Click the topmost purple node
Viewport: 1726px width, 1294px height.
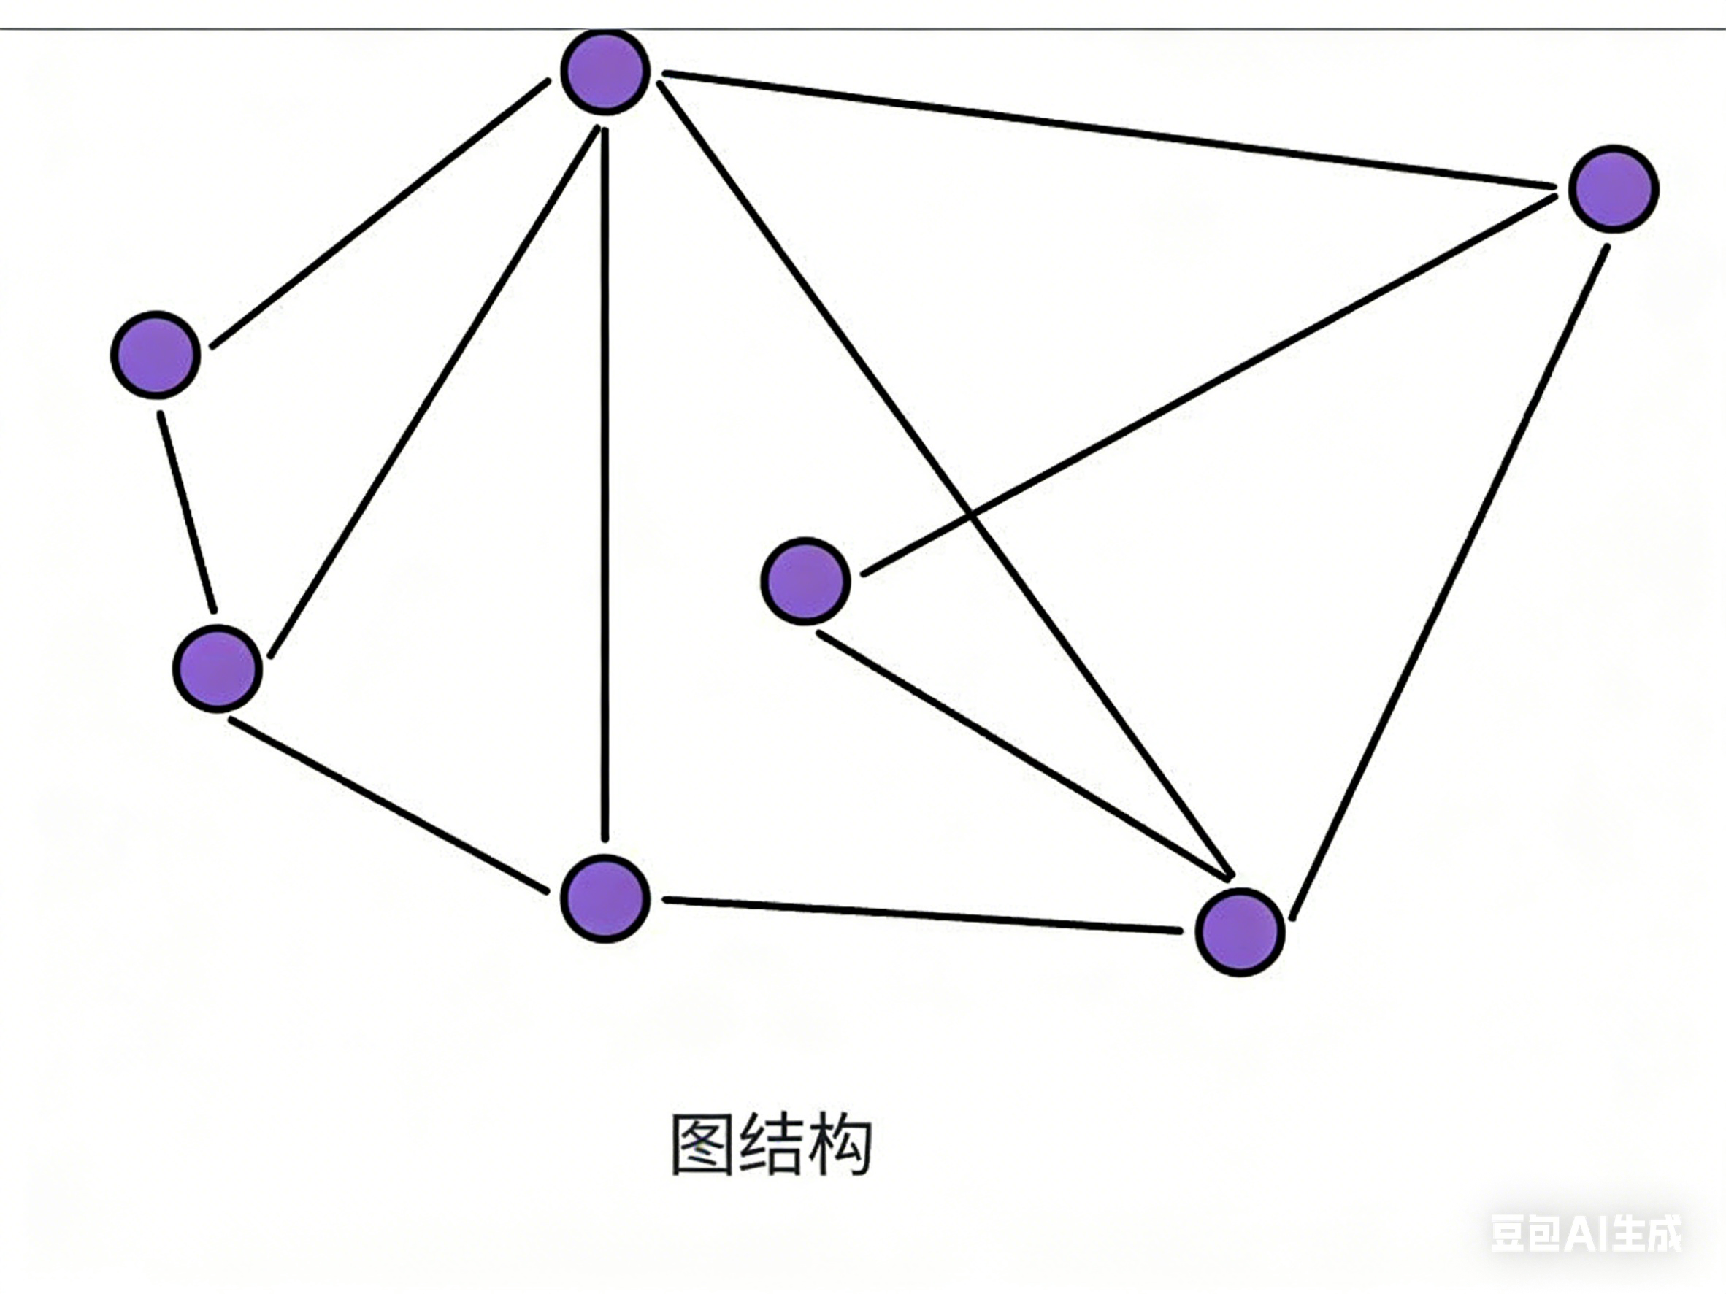(x=605, y=72)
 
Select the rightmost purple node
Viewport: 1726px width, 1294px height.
(x=1613, y=189)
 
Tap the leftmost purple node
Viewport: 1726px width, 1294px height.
(x=156, y=355)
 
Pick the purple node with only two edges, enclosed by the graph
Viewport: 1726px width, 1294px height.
(x=805, y=580)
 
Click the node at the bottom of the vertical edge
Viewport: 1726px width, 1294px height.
(x=605, y=898)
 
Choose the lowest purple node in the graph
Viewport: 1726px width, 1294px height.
(x=1240, y=931)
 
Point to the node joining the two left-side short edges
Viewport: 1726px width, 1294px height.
(x=217, y=669)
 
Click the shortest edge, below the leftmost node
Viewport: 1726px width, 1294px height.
(x=187, y=512)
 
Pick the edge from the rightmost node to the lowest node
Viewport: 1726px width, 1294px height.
(x=1450, y=581)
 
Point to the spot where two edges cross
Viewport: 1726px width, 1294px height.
(x=970, y=515)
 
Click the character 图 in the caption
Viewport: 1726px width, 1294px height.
(x=702, y=1144)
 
